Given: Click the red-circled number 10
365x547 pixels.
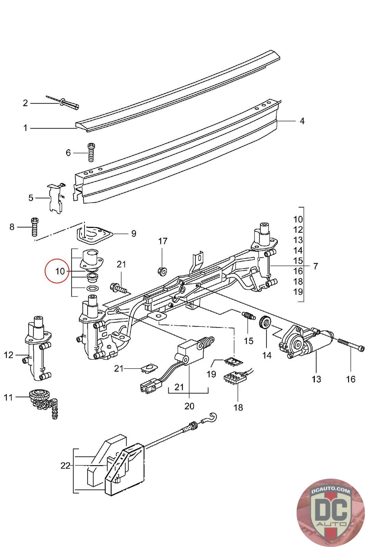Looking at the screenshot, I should [60, 271].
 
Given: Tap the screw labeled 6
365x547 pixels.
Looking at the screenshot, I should [91, 152].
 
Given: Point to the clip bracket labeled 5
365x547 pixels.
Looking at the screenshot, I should [55, 199].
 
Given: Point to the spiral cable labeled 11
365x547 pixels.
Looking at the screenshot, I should [43, 400].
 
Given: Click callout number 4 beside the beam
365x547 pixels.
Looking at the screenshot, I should [302, 121].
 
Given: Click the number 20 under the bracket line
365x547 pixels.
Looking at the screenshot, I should [189, 406].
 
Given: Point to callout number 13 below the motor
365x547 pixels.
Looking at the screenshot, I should [316, 379].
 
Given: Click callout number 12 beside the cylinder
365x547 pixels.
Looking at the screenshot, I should [9, 355].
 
